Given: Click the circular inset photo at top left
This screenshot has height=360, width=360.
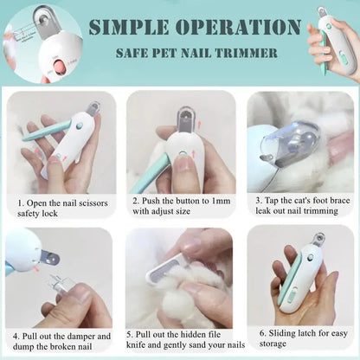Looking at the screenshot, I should (x=42, y=43).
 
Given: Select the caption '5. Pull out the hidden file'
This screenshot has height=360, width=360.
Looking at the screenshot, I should (x=180, y=341).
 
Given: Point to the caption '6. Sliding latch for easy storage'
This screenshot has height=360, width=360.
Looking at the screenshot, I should (x=299, y=341).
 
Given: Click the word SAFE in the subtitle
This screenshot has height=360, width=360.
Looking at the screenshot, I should (x=135, y=53).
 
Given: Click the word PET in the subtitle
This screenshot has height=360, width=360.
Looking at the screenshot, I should (x=169, y=53).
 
